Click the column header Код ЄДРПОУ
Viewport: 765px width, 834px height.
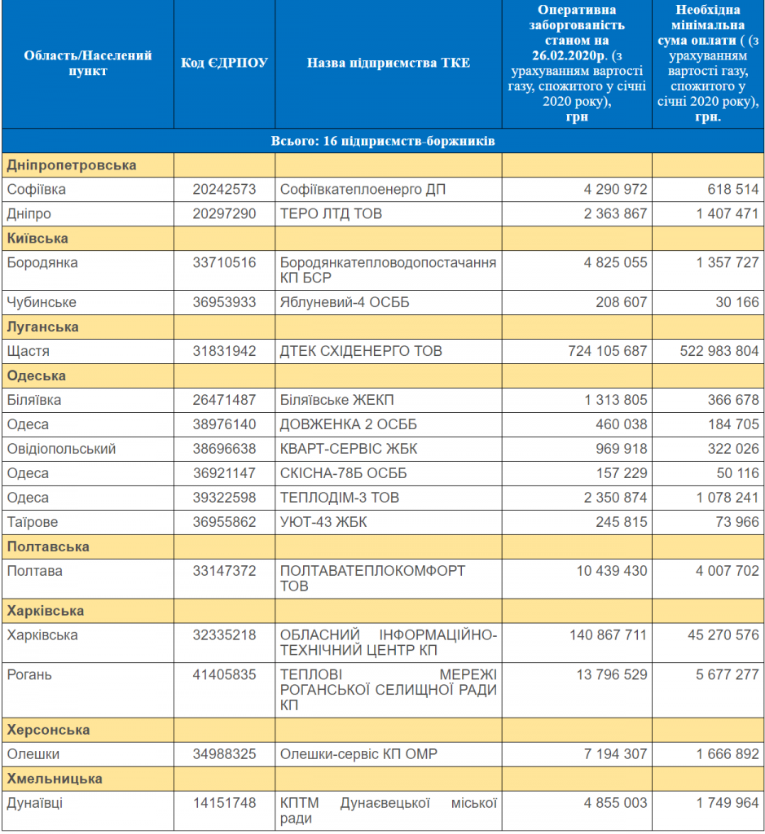[224, 63]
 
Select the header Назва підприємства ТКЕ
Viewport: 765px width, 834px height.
[389, 63]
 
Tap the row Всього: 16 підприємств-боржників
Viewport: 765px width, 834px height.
[383, 141]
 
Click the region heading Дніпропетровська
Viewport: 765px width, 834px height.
[72, 165]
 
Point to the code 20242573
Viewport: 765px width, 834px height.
[224, 189]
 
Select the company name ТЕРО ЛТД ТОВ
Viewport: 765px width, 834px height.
[331, 214]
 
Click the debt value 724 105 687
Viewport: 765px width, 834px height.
[608, 351]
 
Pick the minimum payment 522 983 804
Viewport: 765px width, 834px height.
[719, 351]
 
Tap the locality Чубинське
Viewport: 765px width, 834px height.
[42, 302]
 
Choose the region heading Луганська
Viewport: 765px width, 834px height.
[42, 327]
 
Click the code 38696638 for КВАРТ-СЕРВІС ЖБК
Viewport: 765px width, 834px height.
[224, 449]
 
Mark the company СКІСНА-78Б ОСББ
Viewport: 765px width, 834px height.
[343, 473]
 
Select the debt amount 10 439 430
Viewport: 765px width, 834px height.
[612, 571]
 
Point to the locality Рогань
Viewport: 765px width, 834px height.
[29, 675]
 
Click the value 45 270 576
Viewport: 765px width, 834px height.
[723, 635]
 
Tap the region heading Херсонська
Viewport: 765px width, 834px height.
[48, 730]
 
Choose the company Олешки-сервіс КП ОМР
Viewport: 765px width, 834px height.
[358, 754]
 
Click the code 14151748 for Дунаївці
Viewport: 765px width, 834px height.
[224, 802]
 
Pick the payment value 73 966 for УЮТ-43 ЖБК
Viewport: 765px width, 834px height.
[737, 522]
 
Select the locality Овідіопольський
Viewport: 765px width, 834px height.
[61, 449]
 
